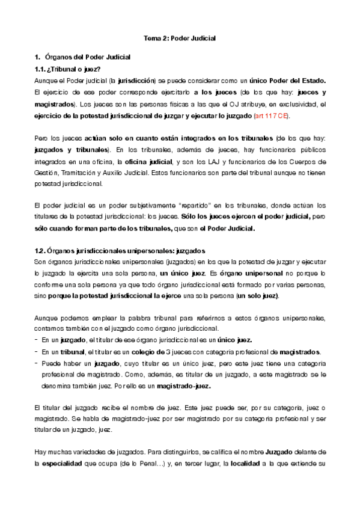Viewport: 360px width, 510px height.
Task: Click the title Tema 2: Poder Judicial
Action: pyautogui.click(x=179, y=38)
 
